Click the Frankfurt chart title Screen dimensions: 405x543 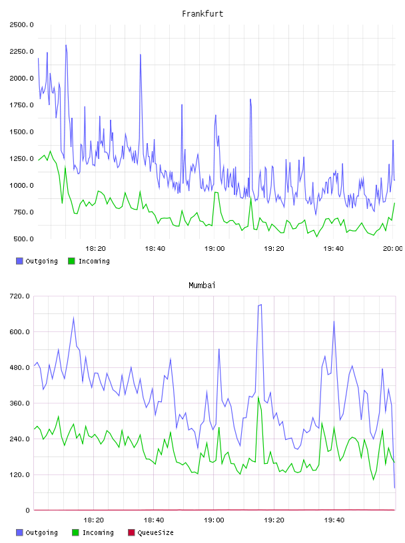point(202,13)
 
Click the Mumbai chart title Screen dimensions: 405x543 point(202,285)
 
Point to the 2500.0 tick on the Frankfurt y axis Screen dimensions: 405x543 point(21,25)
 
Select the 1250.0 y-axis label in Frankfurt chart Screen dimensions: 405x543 point(21,158)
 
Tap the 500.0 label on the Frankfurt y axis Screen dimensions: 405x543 point(23,239)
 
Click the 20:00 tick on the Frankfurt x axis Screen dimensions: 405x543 point(393,248)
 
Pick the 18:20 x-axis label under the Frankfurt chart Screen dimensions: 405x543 point(95,248)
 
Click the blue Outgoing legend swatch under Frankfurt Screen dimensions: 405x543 point(19,261)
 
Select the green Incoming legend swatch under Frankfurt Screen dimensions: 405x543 point(71,261)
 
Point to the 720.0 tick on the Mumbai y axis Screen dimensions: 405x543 point(19,296)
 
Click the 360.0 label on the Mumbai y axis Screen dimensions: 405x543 point(19,403)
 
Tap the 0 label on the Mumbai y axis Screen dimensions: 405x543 point(27,510)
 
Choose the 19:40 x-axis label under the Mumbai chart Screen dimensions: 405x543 point(334,520)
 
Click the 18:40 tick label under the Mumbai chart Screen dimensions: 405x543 point(154,520)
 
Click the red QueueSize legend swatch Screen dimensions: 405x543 point(131,532)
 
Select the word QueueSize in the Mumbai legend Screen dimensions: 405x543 point(155,532)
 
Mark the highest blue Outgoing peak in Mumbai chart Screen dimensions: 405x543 point(260,305)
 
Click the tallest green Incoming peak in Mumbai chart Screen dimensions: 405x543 point(258,397)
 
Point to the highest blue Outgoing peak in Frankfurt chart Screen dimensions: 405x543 point(66,45)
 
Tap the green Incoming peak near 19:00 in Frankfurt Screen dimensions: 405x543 point(216,192)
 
